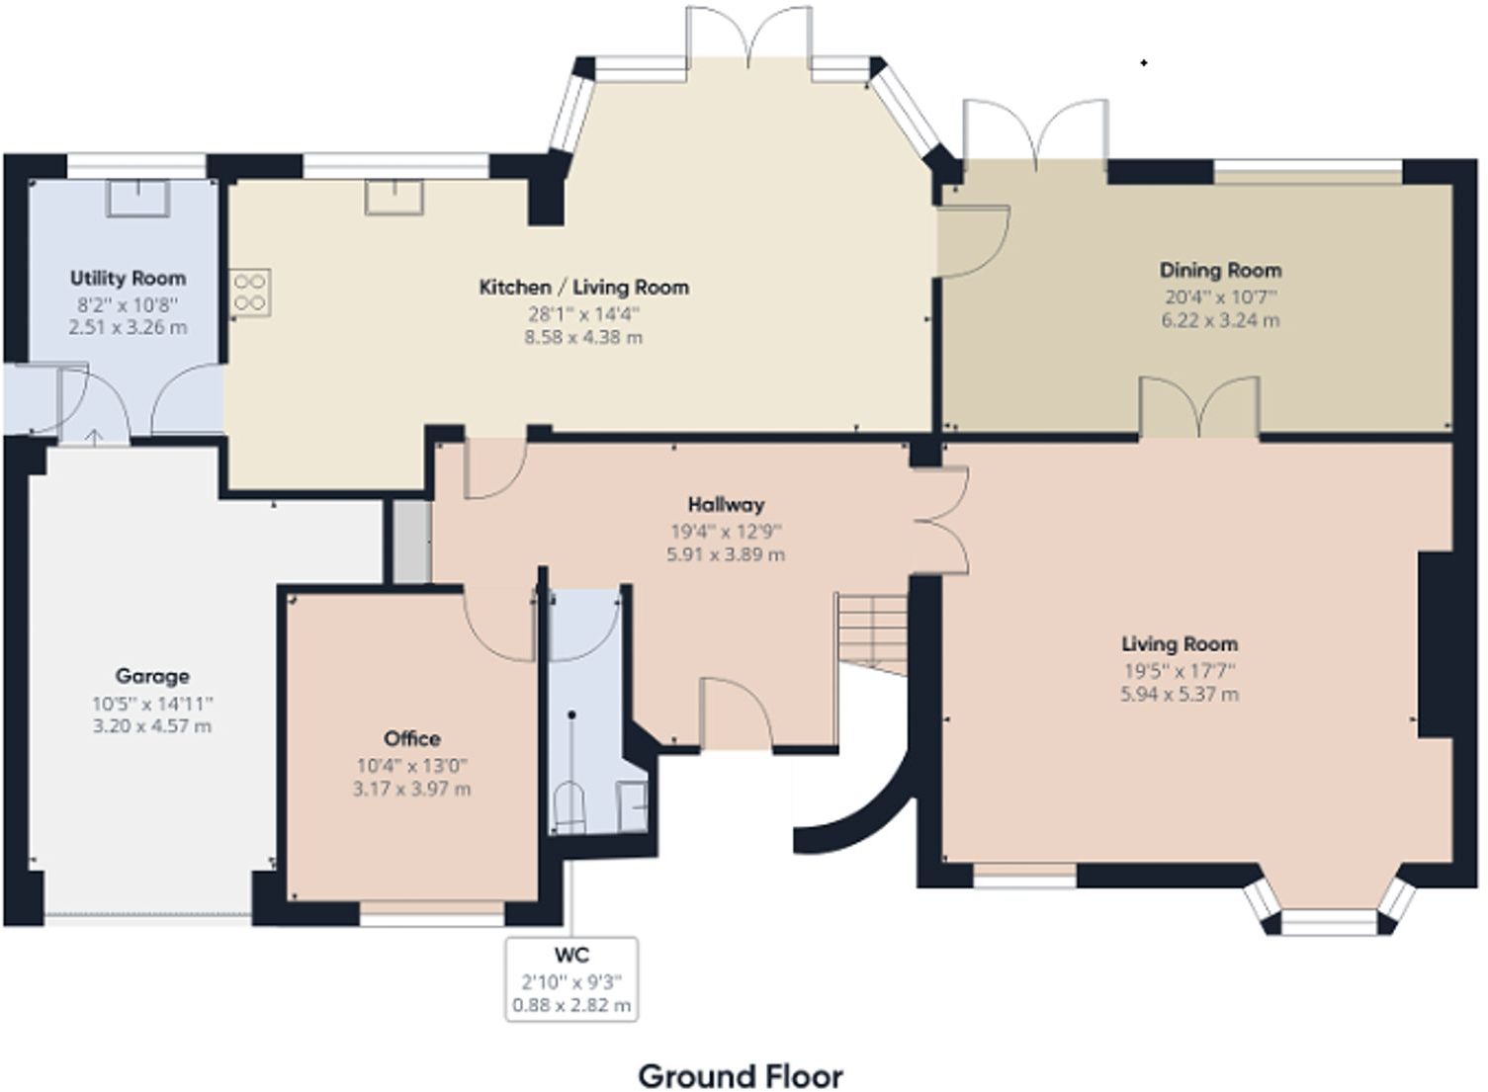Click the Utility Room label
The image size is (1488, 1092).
[128, 278]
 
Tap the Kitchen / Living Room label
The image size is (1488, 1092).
[583, 288]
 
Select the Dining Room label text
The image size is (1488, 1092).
[1220, 270]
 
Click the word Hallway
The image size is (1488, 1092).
[726, 505]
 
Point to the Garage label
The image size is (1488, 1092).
[152, 676]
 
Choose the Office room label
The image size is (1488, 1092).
[411, 738]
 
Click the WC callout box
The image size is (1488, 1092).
[571, 979]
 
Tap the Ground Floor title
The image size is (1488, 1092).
[741, 1075]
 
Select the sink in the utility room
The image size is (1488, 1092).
[137, 198]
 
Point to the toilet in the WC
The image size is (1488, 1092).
[569, 805]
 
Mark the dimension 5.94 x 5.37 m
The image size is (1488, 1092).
[1179, 695]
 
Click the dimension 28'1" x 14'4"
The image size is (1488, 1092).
[583, 314]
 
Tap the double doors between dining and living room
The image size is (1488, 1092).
[1199, 407]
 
